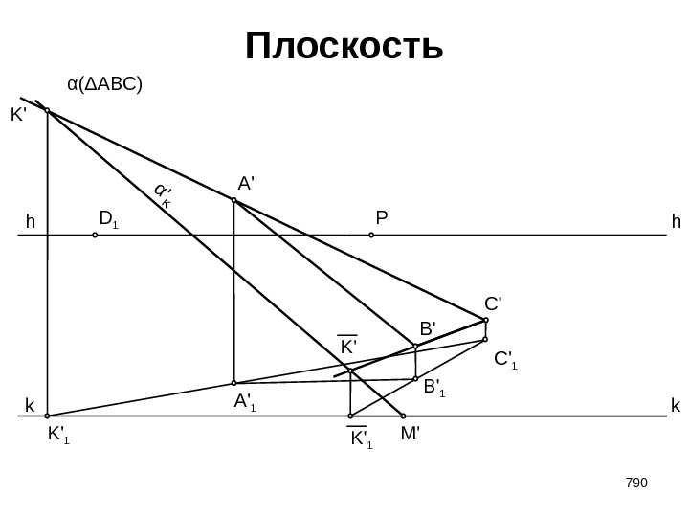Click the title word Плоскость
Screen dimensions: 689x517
(344, 46)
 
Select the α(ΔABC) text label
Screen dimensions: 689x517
(104, 84)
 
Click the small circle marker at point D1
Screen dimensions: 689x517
(95, 234)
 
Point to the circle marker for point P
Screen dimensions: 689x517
(371, 234)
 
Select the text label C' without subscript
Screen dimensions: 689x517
(493, 303)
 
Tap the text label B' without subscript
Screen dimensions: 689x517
(427, 328)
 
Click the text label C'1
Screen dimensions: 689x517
(505, 361)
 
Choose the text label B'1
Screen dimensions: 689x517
(435, 388)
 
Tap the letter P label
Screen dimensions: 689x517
(381, 218)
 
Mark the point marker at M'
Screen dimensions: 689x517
(403, 416)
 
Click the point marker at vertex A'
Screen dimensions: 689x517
(233, 201)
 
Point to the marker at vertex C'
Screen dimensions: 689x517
(486, 320)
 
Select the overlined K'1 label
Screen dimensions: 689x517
(360, 439)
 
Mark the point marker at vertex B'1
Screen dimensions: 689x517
(415, 379)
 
